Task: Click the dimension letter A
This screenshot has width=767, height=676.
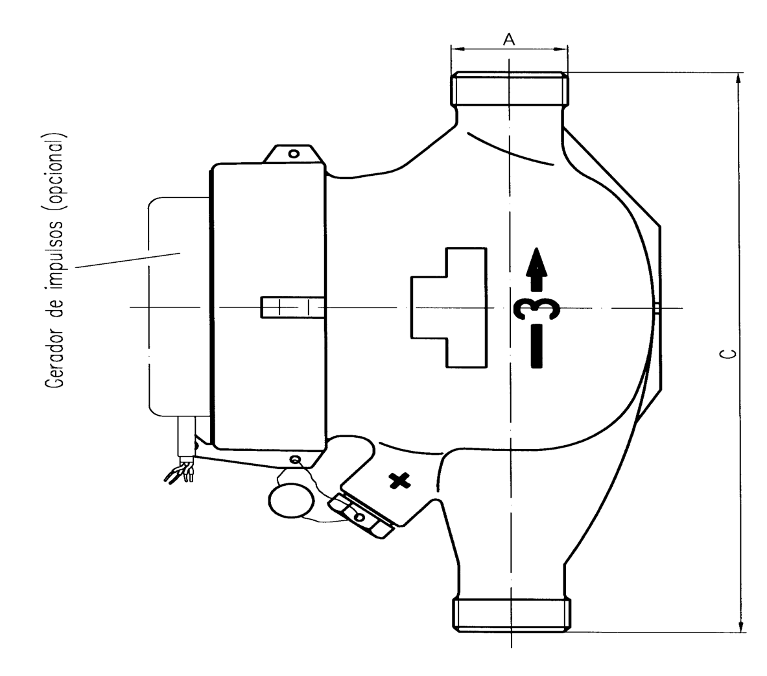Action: pyautogui.click(x=509, y=39)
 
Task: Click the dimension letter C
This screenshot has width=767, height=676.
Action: pyautogui.click(x=728, y=354)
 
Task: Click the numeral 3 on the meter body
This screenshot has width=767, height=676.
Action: pyautogui.click(x=537, y=309)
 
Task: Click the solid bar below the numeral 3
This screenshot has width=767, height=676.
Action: pyautogui.click(x=537, y=346)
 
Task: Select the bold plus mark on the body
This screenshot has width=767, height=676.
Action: pyautogui.click(x=399, y=481)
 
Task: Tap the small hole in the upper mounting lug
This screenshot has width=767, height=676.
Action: pyautogui.click(x=294, y=154)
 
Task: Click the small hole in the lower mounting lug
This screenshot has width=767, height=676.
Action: pyautogui.click(x=294, y=459)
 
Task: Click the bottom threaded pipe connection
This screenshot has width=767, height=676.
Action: pyautogui.click(x=511, y=615)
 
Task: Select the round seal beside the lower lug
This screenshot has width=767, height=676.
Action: pyautogui.click(x=290, y=500)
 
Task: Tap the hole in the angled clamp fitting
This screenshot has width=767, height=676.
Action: pyautogui.click(x=360, y=517)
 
